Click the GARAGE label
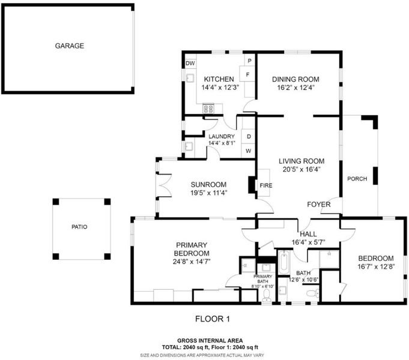pos(70,46)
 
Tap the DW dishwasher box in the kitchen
pos(190,64)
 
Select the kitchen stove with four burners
pos(208,109)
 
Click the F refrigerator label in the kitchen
pos(247,74)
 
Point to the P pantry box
pos(250,60)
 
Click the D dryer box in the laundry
pos(249,136)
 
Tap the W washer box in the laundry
pos(249,151)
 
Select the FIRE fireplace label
pos(266,185)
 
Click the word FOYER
pos(319,205)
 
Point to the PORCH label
pos(357,179)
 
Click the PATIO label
pos(79,227)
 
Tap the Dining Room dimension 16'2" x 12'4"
pos(296,88)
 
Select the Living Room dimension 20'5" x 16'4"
pos(301,169)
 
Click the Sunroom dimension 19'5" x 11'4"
pos(209,193)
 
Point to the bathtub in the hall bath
pos(284,262)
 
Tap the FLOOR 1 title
pos(213,319)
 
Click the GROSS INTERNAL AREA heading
pos(210,340)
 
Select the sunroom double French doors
pos(164,185)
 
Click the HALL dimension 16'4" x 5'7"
pos(308,242)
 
